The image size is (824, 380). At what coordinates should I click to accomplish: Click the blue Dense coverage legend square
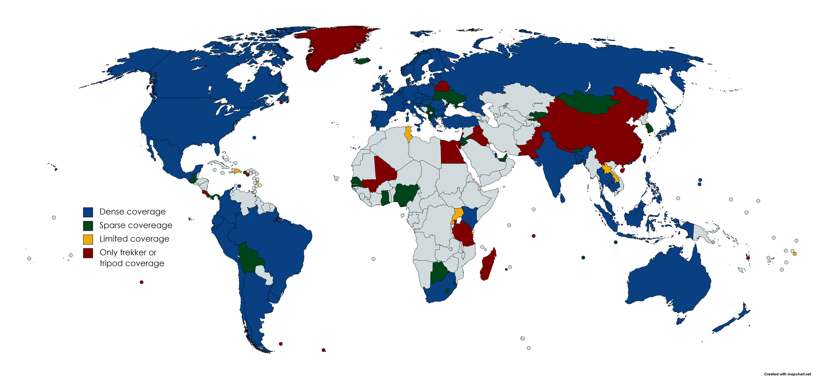[x=88, y=212]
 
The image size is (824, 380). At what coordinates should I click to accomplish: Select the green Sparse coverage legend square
[x=88, y=225]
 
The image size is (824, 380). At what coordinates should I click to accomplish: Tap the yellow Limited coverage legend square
[x=88, y=239]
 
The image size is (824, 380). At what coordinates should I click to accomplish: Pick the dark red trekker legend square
[x=88, y=253]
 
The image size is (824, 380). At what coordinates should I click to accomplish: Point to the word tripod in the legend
[x=111, y=264]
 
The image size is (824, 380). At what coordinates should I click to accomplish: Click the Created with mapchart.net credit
[x=787, y=374]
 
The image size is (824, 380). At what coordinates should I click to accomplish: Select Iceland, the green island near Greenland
[x=362, y=61]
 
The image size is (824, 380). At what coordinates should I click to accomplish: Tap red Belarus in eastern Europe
[x=442, y=86]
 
